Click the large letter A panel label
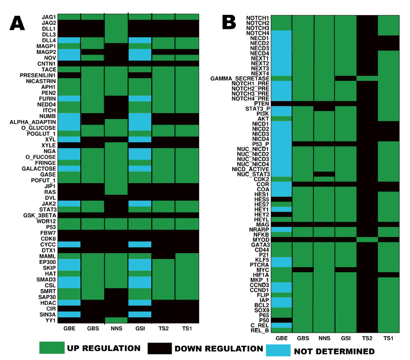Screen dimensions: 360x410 pyautogui.click(x=18, y=23)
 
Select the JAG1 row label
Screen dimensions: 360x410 pyautogui.click(x=48, y=17)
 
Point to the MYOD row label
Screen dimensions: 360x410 pyautogui.click(x=262, y=239)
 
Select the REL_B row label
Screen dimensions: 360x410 pyautogui.click(x=261, y=330)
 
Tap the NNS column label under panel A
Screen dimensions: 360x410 pyautogui.click(x=116, y=328)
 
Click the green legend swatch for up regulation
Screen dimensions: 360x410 pyautogui.click(x=52, y=348)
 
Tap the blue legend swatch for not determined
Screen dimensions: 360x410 pyautogui.click(x=277, y=350)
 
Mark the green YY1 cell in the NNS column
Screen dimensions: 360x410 pyautogui.click(x=116, y=320)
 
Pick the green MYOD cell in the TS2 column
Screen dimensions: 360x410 pyautogui.click(x=367, y=239)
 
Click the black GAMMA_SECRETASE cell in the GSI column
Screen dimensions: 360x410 pyautogui.click(x=345, y=78)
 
